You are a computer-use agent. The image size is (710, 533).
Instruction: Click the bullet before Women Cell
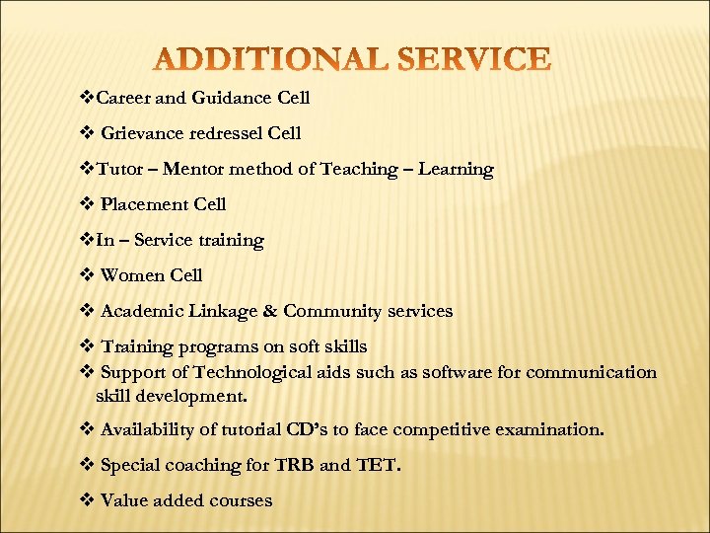point(85,276)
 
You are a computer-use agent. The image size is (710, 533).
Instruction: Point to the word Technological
point(258,372)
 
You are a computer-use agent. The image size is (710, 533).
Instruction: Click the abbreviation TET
point(381,465)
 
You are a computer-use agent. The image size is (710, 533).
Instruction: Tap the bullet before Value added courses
point(85,500)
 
